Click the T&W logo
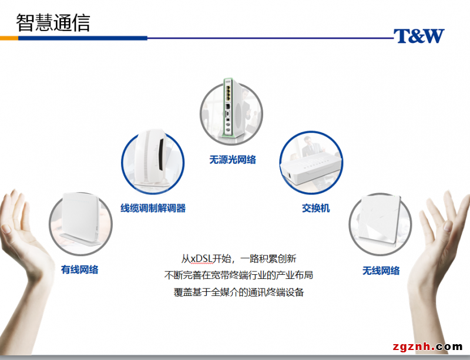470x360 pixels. point(418,36)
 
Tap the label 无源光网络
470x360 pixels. point(233,159)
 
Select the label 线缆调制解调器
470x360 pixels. point(153,208)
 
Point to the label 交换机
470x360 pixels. point(316,208)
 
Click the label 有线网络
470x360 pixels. point(80,270)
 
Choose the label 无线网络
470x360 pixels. point(381,270)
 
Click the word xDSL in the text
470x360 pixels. point(202,258)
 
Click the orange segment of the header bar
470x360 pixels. point(9,38)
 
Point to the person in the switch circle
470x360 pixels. point(309,147)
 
